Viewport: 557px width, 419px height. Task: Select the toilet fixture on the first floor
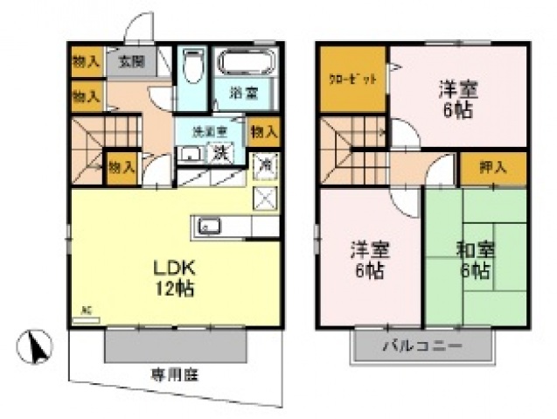pos(192,66)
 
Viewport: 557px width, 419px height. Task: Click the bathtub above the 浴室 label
pos(244,64)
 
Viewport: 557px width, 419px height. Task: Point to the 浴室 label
pos(240,91)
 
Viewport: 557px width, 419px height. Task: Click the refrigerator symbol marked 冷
pos(264,164)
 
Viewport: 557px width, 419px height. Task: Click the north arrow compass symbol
pos(36,346)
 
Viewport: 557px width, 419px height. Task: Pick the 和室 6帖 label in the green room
pos(475,257)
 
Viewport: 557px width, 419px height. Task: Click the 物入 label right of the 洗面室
pos(263,132)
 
